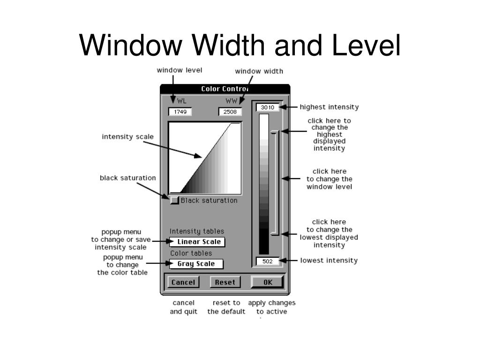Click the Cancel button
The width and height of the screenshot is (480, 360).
point(183,282)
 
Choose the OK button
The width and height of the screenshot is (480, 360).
point(268,282)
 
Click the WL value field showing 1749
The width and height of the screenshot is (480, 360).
point(180,112)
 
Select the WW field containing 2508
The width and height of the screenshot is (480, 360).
point(230,112)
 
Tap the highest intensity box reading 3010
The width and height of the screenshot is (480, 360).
point(268,107)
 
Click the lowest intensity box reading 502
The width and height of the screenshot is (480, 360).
point(268,261)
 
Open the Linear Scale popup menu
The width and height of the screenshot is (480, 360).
point(197,242)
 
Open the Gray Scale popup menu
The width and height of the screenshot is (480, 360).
point(196,264)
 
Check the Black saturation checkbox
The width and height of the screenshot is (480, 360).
point(174,201)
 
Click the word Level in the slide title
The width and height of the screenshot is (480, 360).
point(368,45)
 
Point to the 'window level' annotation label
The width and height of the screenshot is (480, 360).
point(180,70)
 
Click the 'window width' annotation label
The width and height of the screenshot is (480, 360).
point(259,71)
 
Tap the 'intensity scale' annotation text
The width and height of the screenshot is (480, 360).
point(127,137)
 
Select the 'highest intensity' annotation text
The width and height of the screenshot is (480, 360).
point(329,107)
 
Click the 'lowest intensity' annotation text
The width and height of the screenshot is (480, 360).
point(329,260)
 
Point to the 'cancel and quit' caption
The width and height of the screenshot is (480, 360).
point(183,307)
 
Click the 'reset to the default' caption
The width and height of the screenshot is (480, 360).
point(226,307)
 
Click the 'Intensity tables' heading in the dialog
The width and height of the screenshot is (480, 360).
point(197,231)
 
